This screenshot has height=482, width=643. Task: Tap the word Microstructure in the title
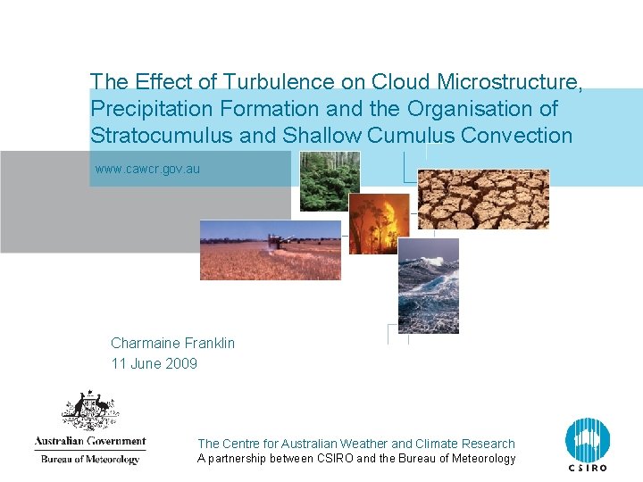[x=510, y=82]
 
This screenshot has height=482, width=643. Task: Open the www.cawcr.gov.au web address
[x=147, y=169]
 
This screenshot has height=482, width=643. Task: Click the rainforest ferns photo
[x=330, y=180]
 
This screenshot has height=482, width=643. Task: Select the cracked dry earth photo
[x=483, y=199]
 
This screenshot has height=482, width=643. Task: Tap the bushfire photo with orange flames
[x=379, y=223]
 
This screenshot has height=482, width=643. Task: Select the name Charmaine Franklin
[x=172, y=343]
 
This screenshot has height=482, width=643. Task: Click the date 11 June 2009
[x=154, y=363]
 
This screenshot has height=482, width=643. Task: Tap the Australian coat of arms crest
[x=89, y=411]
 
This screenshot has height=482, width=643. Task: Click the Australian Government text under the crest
[x=89, y=441]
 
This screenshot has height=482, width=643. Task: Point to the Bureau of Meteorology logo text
[x=89, y=460]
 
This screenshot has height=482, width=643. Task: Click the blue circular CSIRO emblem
[x=587, y=439]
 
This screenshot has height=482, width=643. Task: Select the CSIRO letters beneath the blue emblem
[x=587, y=468]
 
